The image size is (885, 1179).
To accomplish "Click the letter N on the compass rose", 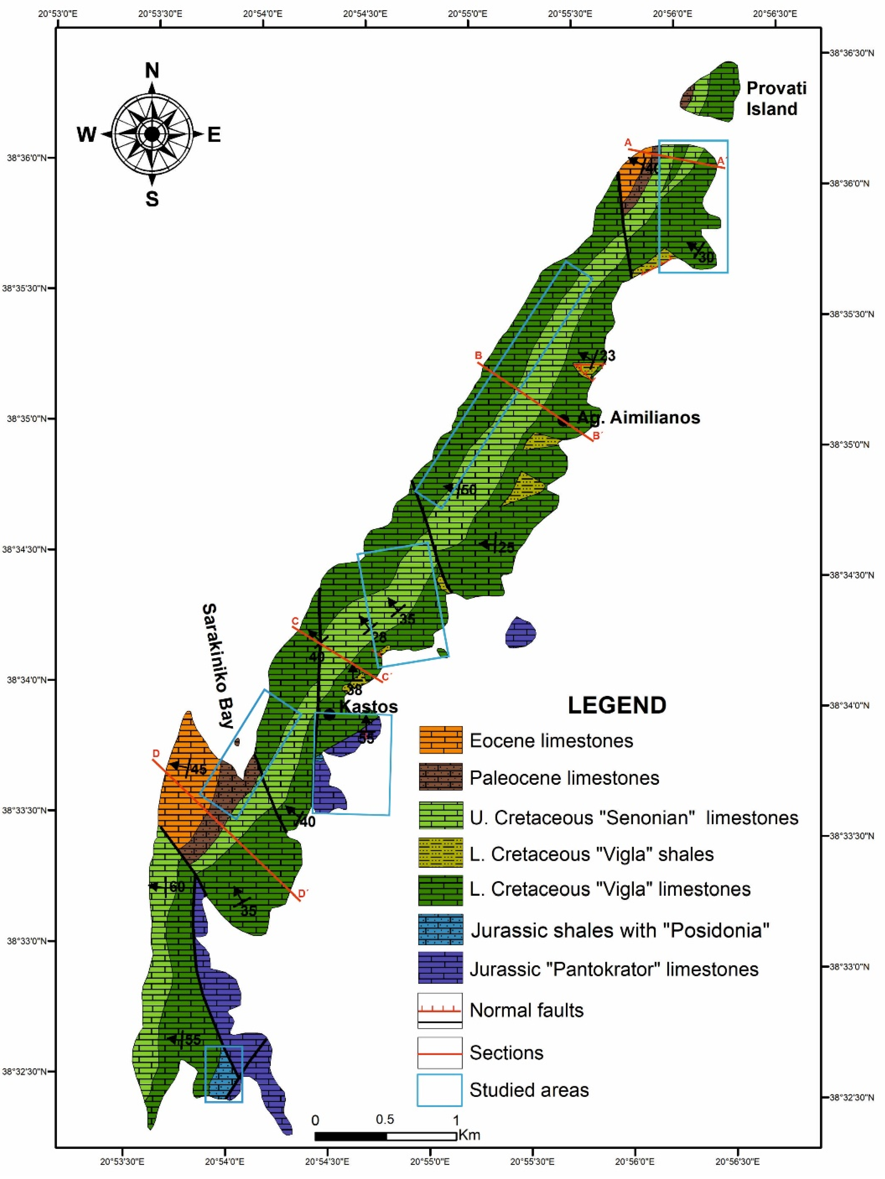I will (x=152, y=70).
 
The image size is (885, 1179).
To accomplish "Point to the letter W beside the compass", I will (x=86, y=135).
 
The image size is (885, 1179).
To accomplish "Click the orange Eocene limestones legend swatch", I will (x=441, y=740).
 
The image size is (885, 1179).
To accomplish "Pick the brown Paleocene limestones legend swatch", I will (x=441, y=778).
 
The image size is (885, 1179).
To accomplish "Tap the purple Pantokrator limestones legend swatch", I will (x=441, y=967).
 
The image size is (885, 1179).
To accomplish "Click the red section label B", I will (x=478, y=356).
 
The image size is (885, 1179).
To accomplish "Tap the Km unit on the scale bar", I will (x=469, y=1135).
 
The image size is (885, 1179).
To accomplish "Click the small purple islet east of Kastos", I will (x=520, y=633).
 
